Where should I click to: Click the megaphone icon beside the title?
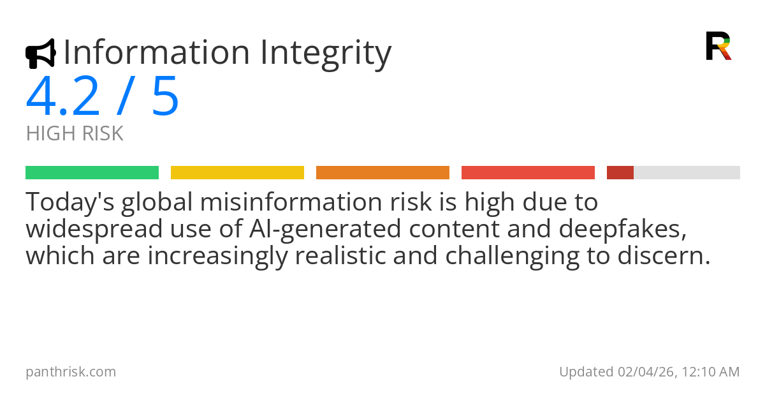(40, 54)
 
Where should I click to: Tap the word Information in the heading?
(156, 52)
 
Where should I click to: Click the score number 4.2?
(63, 96)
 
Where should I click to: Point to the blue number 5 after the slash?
(165, 96)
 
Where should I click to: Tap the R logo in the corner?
(718, 46)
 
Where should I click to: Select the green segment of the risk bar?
(92, 172)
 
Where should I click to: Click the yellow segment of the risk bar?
(237, 172)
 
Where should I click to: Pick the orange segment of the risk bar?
(382, 172)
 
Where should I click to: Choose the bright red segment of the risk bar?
(528, 172)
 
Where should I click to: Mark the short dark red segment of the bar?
(620, 172)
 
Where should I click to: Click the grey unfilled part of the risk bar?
(687, 172)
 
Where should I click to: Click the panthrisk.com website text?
(71, 371)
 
